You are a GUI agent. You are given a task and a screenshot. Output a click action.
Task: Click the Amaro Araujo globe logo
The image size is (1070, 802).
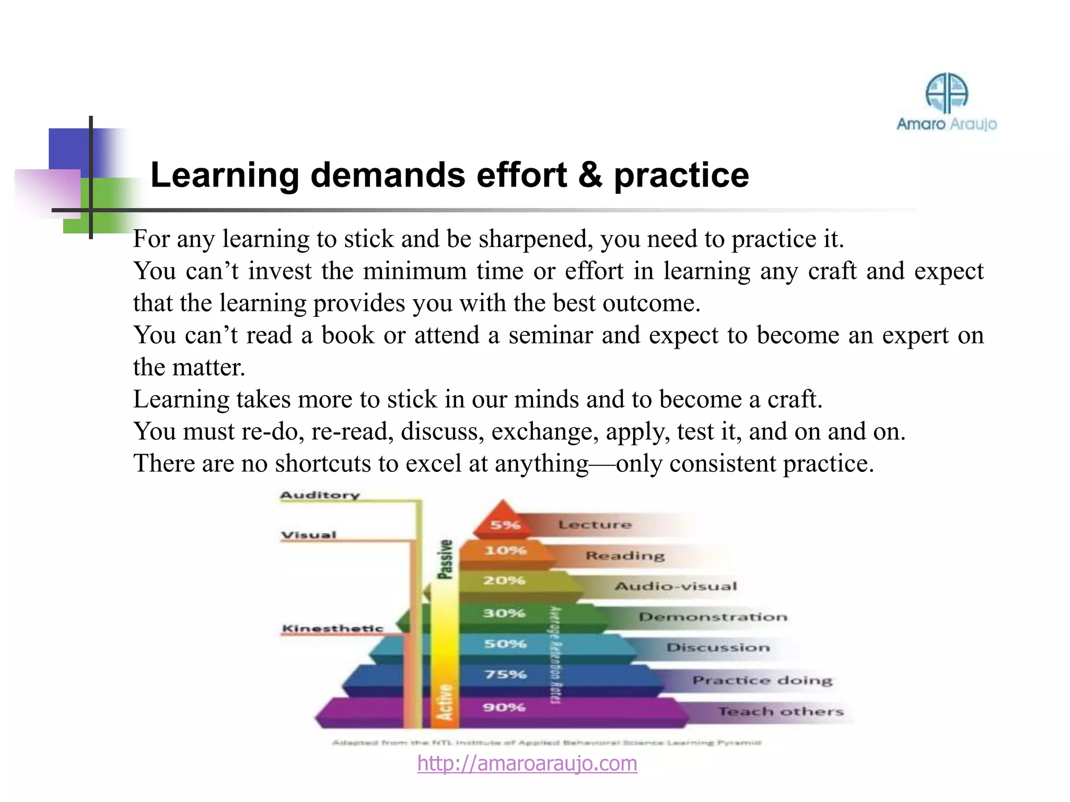pos(946,93)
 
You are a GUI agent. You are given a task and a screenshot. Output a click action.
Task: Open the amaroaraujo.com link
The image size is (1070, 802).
pos(527,763)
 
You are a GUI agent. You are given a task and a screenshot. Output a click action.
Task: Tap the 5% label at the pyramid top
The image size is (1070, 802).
pos(505,525)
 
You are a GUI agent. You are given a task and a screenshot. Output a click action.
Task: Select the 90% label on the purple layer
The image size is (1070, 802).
pos(504,707)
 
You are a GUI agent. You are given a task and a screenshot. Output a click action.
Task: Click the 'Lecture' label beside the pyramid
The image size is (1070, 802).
pos(595,524)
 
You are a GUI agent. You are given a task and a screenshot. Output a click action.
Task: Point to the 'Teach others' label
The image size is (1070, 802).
pos(781,711)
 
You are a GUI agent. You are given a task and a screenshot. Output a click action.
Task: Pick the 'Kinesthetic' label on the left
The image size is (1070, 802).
pos(333,628)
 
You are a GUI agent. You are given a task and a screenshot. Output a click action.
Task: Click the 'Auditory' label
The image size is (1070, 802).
pos(320,495)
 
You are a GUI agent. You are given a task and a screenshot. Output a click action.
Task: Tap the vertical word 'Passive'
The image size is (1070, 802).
pos(445,559)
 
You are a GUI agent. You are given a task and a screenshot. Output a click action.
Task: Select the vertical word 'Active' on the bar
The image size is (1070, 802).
pos(445,703)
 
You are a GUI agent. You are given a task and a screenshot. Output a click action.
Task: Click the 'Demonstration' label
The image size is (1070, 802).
pos(713,617)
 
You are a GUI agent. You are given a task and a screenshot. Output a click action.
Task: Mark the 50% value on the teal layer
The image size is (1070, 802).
pos(505,644)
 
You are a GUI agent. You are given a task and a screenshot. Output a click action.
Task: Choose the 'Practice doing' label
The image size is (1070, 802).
pos(762,680)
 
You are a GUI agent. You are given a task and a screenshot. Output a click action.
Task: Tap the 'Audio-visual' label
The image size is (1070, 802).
pos(676,586)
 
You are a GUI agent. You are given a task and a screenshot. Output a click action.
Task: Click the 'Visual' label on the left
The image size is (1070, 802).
pos(309,535)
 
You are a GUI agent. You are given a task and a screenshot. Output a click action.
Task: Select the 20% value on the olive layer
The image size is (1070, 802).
pos(504,581)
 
